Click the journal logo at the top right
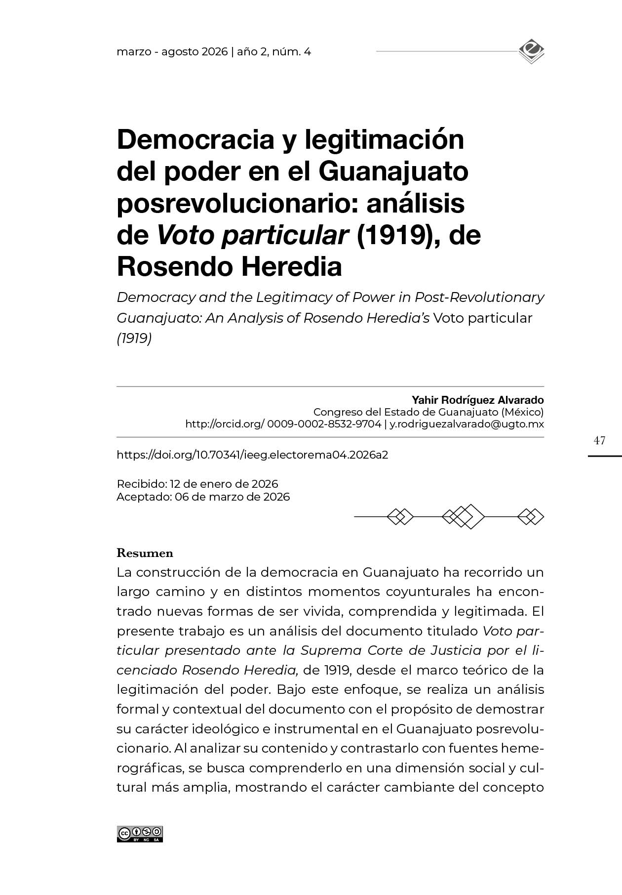pyautogui.click(x=531, y=51)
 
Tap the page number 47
pyautogui.click(x=599, y=440)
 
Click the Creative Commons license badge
pyautogui.click(x=140, y=834)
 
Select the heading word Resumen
pyautogui.click(x=145, y=553)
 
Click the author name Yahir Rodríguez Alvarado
pyautogui.click(x=477, y=400)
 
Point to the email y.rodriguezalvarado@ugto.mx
pyautogui.click(x=466, y=424)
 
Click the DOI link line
pyautogui.click(x=252, y=455)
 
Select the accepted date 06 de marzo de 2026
pyautogui.click(x=232, y=497)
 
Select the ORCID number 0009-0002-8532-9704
pyautogui.click(x=324, y=424)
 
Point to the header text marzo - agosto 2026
pyautogui.click(x=172, y=52)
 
